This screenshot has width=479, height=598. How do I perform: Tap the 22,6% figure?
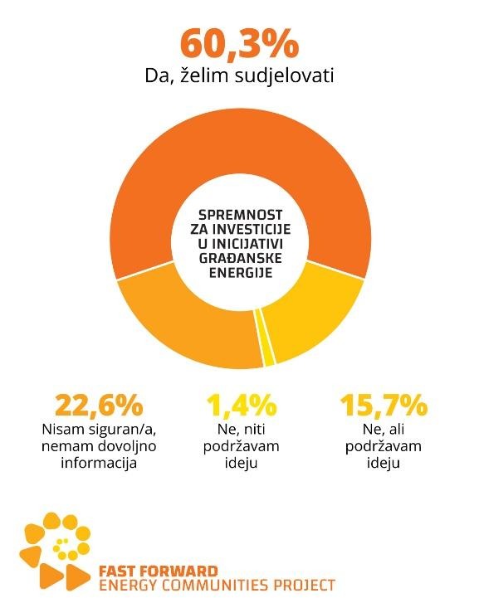point(100,405)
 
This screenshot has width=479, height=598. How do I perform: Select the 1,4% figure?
point(242,405)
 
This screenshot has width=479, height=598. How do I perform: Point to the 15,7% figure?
point(384,405)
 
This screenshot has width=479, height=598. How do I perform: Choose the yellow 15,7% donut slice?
point(313,317)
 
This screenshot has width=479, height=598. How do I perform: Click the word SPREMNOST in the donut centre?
point(241,215)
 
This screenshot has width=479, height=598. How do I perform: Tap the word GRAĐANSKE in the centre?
point(241,258)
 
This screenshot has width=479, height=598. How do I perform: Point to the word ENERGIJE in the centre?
point(241,273)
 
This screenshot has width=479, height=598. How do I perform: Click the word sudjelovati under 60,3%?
point(285,75)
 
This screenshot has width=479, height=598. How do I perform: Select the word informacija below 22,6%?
point(99,463)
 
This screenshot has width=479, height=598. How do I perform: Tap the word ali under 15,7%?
point(396,429)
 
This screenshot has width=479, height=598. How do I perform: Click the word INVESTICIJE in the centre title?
point(252,229)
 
